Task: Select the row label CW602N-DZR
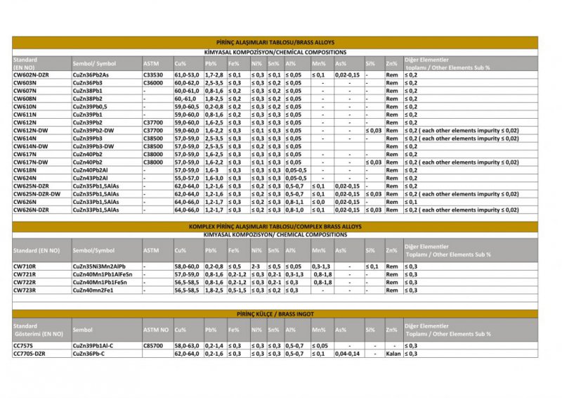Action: click(32, 75)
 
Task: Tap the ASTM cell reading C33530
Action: click(152, 75)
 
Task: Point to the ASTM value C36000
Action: click(152, 83)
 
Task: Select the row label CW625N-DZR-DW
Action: click(37, 194)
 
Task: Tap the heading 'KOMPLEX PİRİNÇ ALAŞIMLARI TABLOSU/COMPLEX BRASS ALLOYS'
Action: click(275, 226)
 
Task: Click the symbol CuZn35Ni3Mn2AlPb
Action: click(100, 267)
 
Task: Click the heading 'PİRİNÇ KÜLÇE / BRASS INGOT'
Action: click(275, 313)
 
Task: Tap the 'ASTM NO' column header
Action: click(156, 329)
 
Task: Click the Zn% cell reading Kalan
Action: click(393, 354)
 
